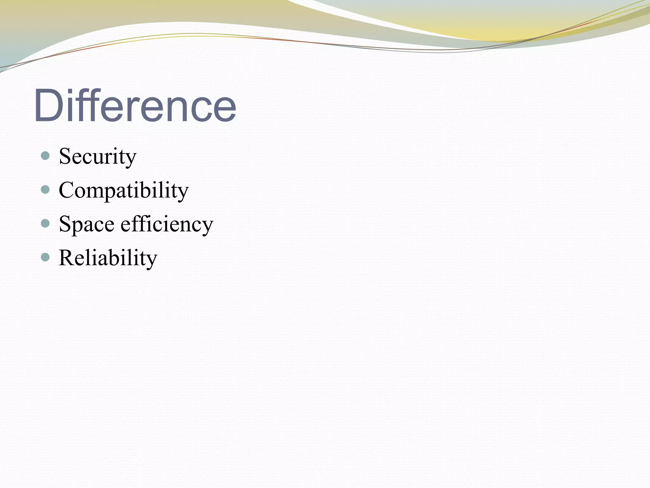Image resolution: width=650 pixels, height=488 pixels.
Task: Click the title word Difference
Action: pos(135,105)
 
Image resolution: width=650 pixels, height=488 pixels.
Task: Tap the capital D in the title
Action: pos(48,105)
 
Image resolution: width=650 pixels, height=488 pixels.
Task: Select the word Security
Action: pos(97,156)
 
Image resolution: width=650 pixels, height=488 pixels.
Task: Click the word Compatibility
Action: pos(123,190)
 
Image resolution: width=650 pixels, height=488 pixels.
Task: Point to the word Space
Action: pos(86,224)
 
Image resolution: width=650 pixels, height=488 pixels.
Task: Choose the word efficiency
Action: pos(167,224)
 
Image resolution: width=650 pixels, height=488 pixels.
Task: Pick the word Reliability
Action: pos(108,258)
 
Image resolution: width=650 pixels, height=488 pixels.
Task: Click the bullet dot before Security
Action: pos(45,156)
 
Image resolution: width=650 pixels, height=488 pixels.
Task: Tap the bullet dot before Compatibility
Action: pos(45,190)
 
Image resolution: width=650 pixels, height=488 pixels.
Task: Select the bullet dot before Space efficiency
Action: pos(45,223)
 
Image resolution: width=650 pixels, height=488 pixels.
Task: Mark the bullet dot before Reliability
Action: pos(45,257)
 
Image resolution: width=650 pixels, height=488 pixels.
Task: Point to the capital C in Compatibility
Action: pos(67,190)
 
